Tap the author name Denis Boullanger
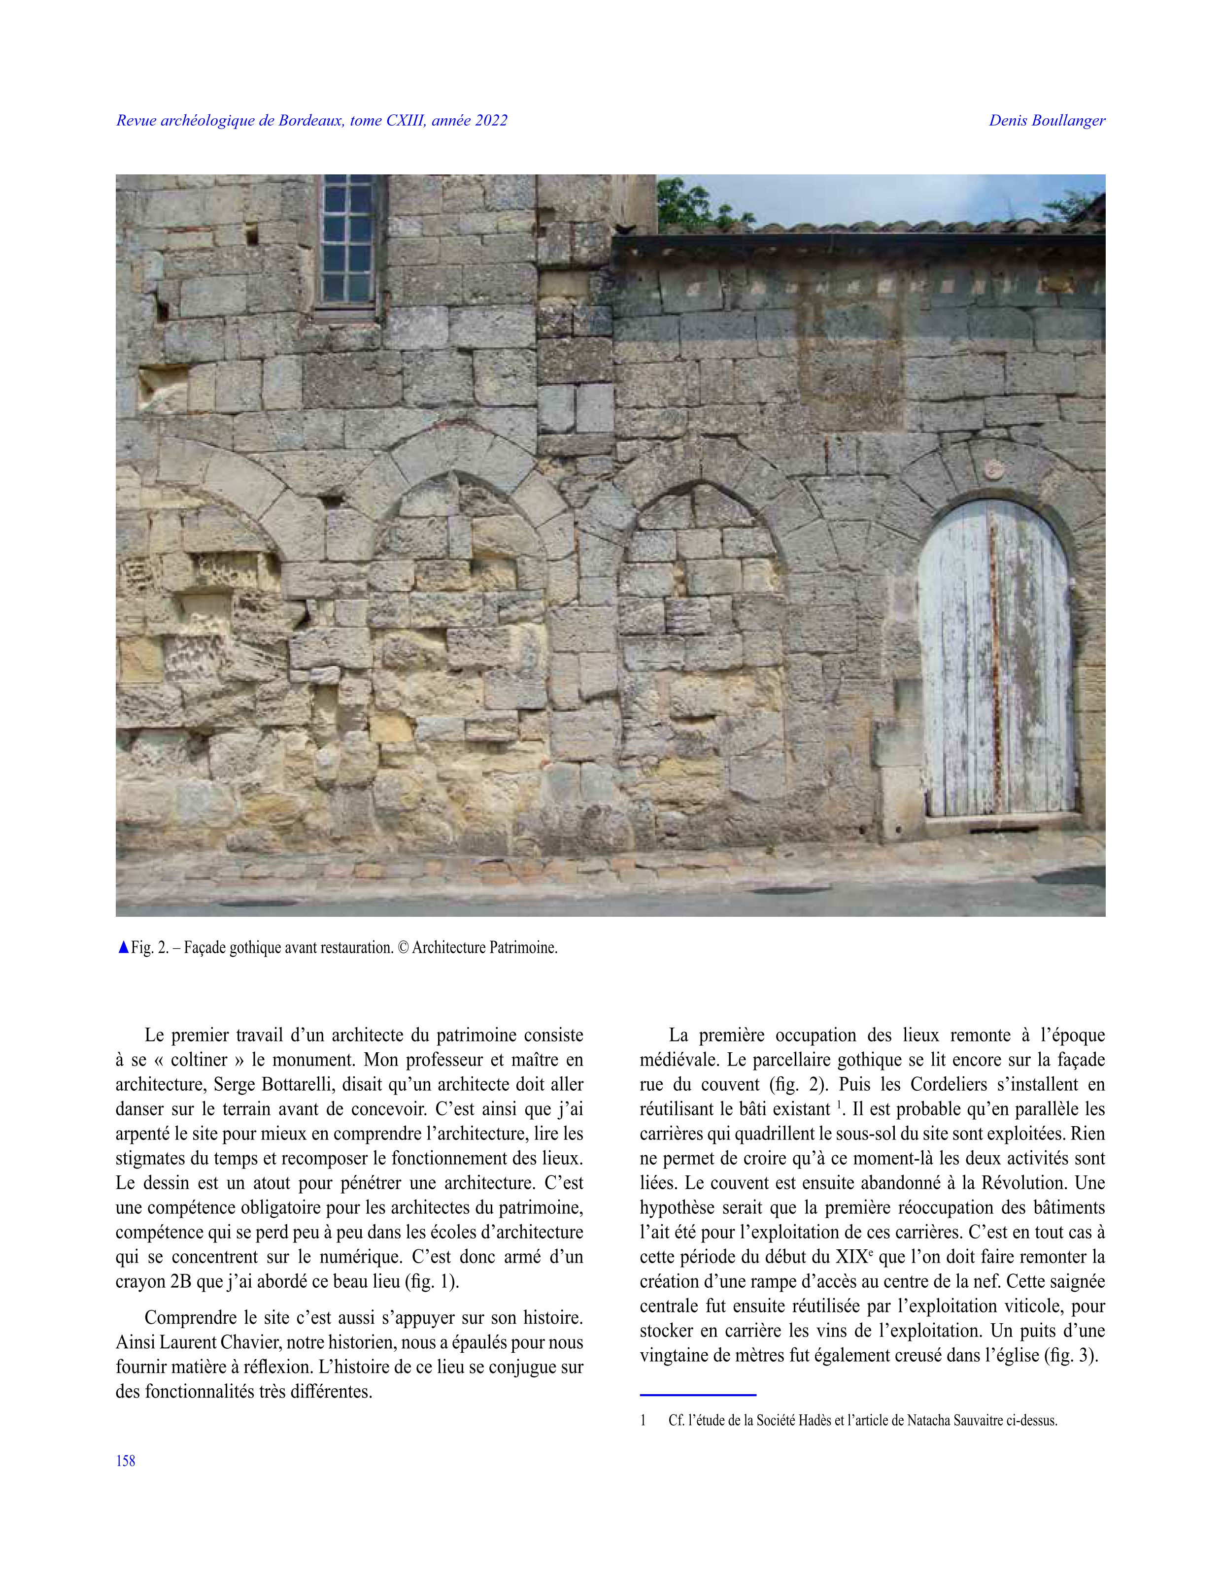(1047, 121)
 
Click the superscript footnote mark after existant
(839, 1104)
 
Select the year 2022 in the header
(491, 121)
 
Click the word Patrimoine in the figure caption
(523, 948)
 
